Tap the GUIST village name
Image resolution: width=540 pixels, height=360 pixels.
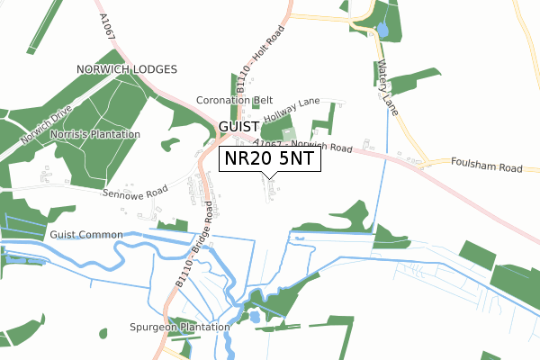click(x=238, y=128)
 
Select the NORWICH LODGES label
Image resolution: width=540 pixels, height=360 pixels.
click(x=127, y=69)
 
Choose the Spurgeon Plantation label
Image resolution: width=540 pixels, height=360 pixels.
click(x=179, y=327)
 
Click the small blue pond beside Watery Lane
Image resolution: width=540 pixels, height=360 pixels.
click(x=383, y=31)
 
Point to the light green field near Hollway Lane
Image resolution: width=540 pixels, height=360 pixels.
click(x=290, y=134)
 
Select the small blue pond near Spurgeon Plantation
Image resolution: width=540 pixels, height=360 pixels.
click(x=255, y=317)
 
